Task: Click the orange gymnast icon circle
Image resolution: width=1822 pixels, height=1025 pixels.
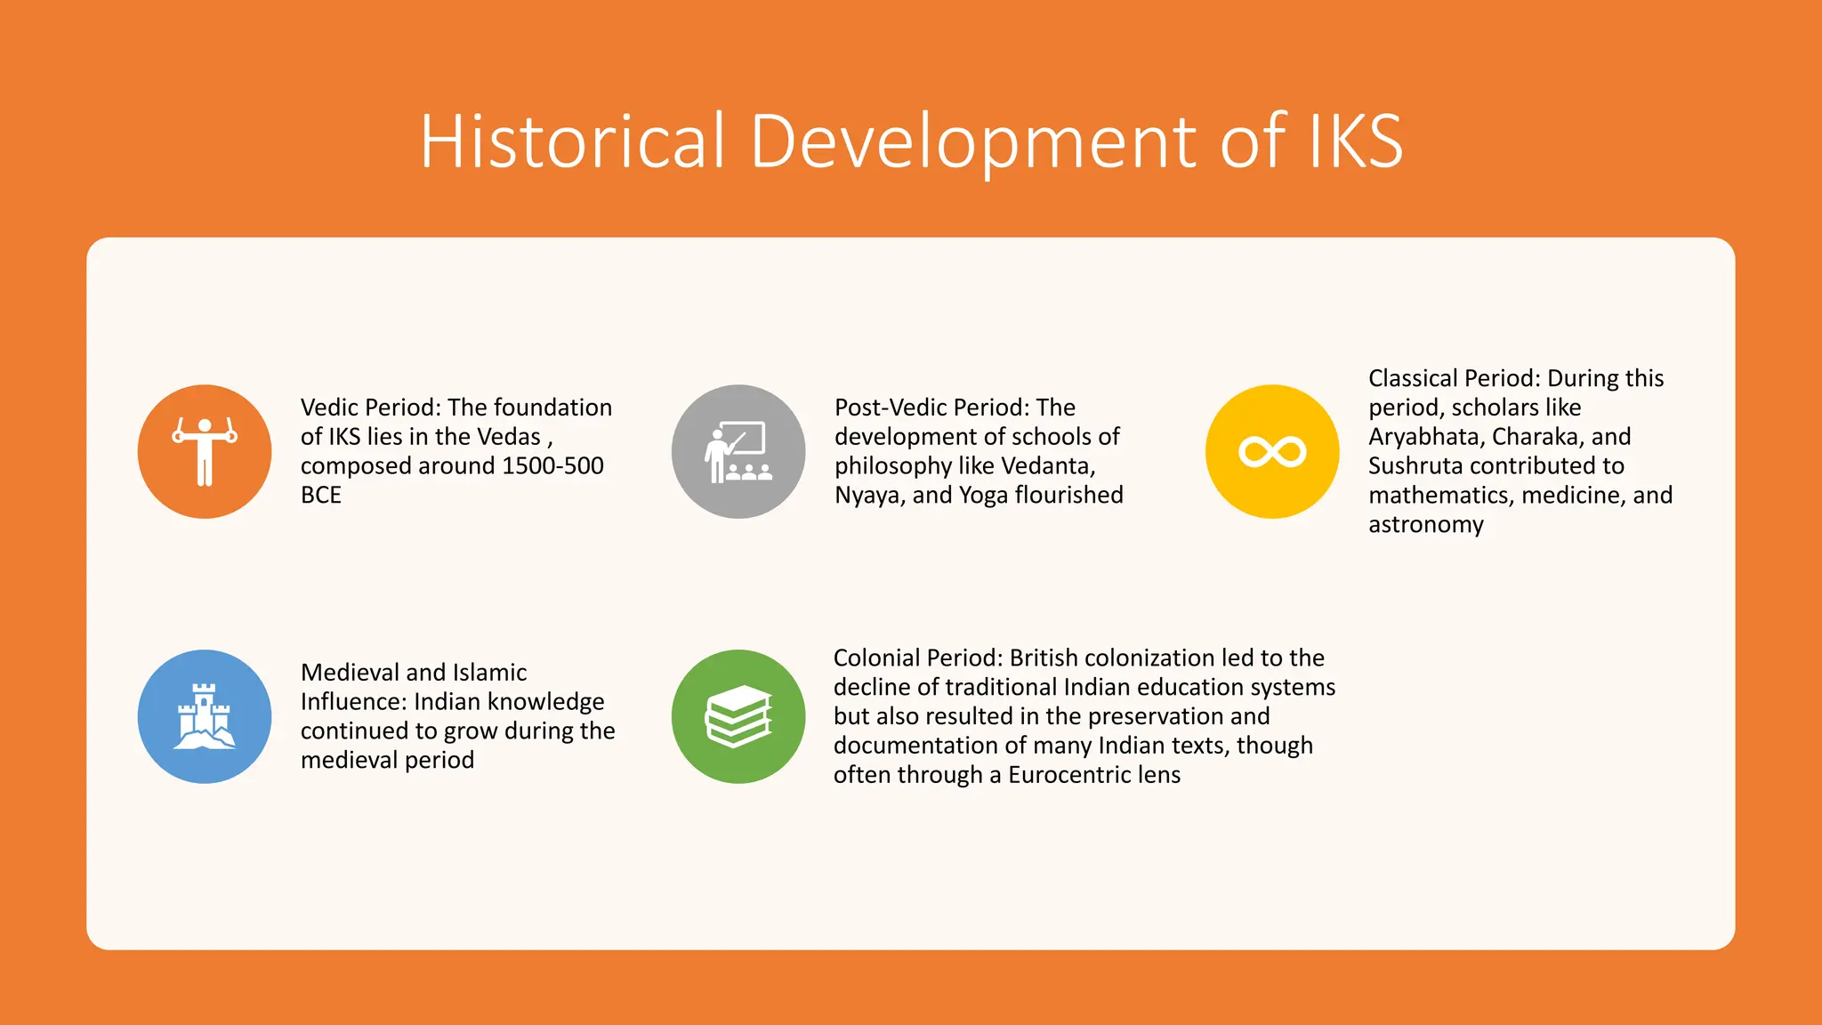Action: tap(205, 452)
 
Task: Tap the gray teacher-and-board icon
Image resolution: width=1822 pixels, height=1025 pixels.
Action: tap(738, 452)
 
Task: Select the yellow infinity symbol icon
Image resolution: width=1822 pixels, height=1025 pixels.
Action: tap(1272, 452)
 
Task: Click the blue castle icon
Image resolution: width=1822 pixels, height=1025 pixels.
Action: tap(205, 717)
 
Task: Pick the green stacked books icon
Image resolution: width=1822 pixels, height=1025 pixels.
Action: tap(738, 717)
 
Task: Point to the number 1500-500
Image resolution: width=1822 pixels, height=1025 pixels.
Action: tap(552, 465)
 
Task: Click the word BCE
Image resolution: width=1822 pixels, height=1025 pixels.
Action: tap(321, 495)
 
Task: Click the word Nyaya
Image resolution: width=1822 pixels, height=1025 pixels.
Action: tap(869, 495)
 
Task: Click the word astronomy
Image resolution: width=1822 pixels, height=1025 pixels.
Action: tap(1426, 524)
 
